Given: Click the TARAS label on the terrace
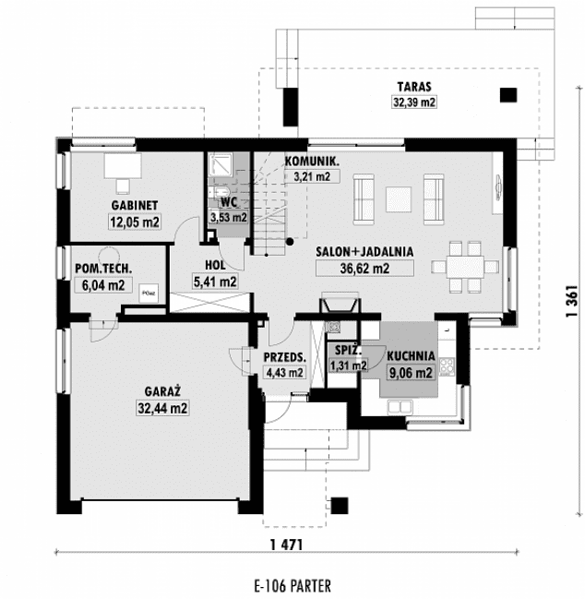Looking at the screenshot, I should [x=410, y=89].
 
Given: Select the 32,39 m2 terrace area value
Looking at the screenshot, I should [x=410, y=102].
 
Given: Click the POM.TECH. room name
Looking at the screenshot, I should [x=102, y=269].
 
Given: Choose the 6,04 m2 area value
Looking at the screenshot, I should [x=101, y=285].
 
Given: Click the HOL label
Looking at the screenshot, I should [x=215, y=265].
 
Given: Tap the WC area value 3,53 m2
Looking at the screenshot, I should [x=229, y=218].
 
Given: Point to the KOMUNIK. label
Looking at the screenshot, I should [x=312, y=161].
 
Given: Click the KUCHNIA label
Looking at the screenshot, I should [x=411, y=356].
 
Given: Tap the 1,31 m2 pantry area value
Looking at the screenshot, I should [x=348, y=366].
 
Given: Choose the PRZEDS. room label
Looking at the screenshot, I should [x=284, y=356].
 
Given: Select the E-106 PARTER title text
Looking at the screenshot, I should [x=291, y=585].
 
